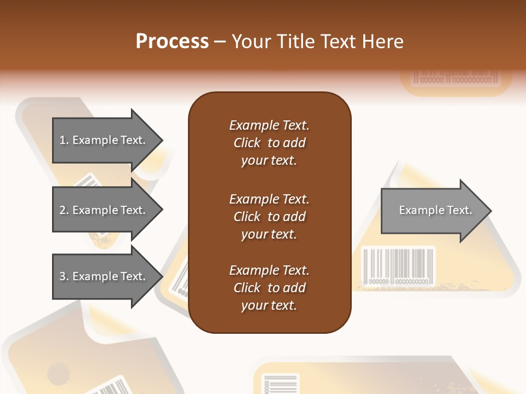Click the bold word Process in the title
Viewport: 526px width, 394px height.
tap(172, 42)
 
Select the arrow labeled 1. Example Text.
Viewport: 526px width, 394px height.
tap(104, 140)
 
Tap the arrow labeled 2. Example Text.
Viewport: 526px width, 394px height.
tap(104, 210)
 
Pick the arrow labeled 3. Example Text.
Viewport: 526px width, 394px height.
tap(104, 276)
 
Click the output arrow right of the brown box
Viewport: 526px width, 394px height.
tap(433, 211)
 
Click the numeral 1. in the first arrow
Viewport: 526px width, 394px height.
tap(64, 140)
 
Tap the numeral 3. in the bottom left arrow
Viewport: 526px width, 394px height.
tap(64, 276)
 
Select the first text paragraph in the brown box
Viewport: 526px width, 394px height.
tap(269, 143)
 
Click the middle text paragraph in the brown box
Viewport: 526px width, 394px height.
tap(269, 217)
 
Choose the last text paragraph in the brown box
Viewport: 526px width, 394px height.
tap(269, 288)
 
